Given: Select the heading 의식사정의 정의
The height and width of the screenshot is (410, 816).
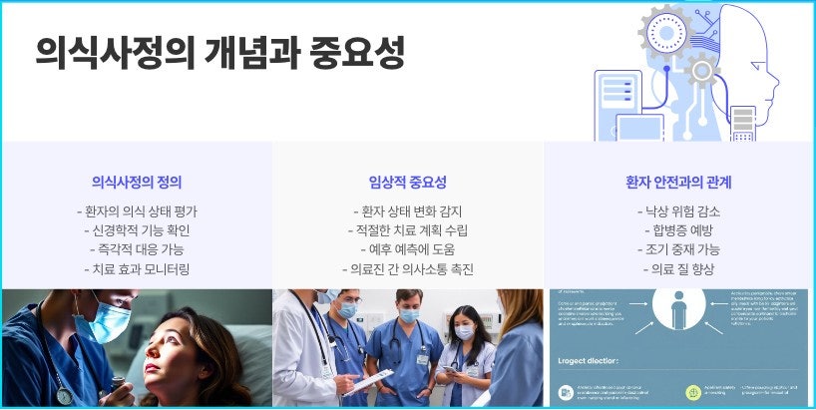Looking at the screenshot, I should pos(137,183).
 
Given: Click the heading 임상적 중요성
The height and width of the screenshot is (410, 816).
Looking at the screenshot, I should pos(407,183).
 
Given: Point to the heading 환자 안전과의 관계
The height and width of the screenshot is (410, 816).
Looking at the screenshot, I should pos(678,183).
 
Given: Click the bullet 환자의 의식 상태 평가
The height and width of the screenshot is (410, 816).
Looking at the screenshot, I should pos(137,211).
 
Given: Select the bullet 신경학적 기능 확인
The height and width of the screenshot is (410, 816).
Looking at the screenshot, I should pos(137,230).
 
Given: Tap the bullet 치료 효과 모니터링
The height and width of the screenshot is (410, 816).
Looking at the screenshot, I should pos(137,269).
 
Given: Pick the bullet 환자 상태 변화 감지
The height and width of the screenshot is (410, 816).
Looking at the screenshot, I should pos(407,211).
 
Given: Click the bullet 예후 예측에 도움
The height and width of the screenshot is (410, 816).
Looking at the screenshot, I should pos(407,249).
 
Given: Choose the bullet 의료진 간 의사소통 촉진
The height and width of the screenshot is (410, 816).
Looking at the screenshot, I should pos(407,269).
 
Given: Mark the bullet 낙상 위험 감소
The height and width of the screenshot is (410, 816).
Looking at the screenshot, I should pos(678,211).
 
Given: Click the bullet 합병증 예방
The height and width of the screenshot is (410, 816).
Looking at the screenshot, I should pos(678,230).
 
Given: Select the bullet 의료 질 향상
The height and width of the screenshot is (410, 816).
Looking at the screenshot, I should pos(678,269).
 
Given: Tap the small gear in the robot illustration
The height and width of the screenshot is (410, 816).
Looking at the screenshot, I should pos(701,70).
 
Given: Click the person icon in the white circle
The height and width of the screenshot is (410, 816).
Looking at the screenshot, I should pos(679,309).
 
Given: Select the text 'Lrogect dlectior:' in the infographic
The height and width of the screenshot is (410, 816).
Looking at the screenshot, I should pos(590,360).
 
